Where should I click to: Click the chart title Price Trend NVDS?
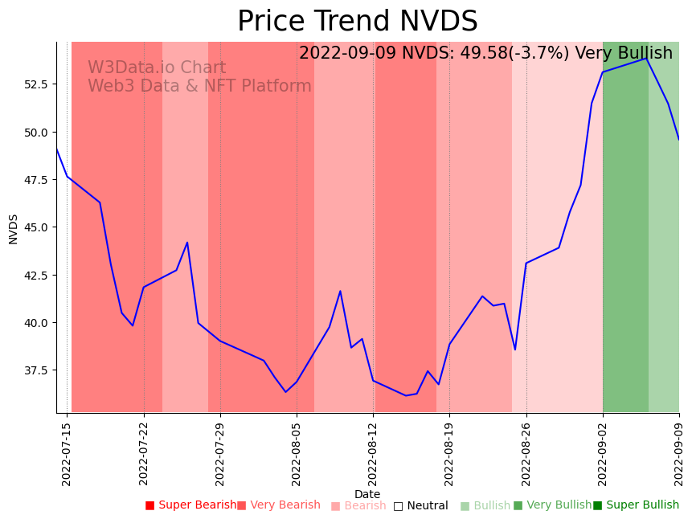tap(357, 22)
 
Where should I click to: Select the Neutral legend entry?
tap(421, 505)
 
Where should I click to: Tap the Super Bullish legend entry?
tap(637, 505)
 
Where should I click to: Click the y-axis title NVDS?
tap(14, 228)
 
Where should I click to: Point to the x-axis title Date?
tap(367, 494)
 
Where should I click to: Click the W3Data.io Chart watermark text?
tap(157, 68)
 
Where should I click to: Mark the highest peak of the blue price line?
tap(646, 58)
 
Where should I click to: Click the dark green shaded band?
tap(625, 241)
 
